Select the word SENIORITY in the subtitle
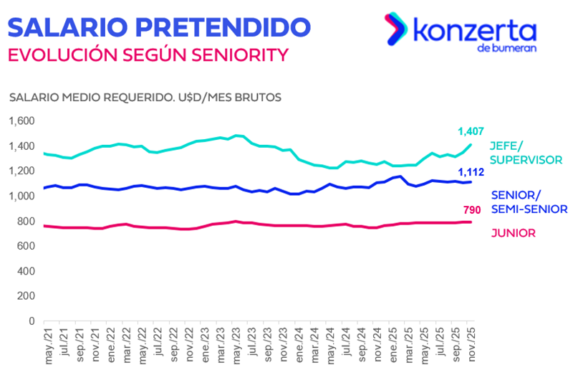pyautogui.click(x=236, y=55)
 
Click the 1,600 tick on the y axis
pyautogui.click(x=21, y=121)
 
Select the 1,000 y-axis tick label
pyautogui.click(x=21, y=197)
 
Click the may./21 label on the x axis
pyautogui.click(x=49, y=346)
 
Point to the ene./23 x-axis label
pyautogui.click(x=205, y=346)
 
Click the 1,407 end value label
pyautogui.click(x=471, y=131)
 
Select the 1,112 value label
pyautogui.click(x=471, y=171)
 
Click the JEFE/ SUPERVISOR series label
pyautogui.click(x=525, y=153)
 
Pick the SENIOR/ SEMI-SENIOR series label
pyautogui.click(x=529, y=202)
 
